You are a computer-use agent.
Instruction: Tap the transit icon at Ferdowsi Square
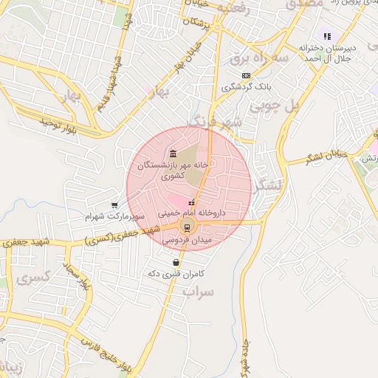tap(186, 227)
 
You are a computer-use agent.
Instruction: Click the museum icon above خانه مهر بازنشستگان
tap(173, 153)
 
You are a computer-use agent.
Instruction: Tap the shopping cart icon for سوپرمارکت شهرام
tap(114, 205)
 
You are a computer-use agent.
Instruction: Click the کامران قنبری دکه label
tap(175, 274)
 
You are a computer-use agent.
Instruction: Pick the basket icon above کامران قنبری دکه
tap(176, 262)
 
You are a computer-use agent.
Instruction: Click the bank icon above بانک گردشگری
tap(246, 75)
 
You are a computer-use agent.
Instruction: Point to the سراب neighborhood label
tap(199, 292)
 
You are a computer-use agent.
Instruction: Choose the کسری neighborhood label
tap(34, 279)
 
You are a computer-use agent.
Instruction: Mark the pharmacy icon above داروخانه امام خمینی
tap(191, 202)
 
